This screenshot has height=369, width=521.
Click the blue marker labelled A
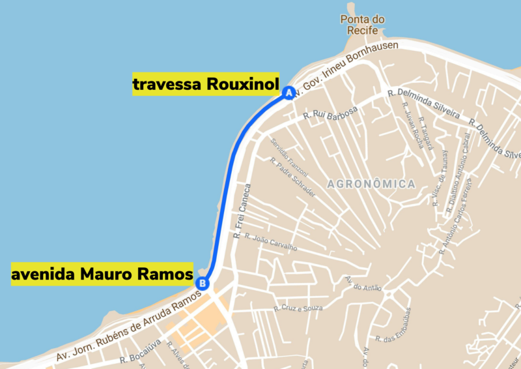point(289,93)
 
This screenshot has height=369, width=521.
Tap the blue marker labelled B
point(203,283)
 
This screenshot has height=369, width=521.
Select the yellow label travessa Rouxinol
point(206,84)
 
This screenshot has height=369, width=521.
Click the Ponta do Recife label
point(363,25)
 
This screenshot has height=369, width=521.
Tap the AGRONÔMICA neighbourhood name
point(372,184)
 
